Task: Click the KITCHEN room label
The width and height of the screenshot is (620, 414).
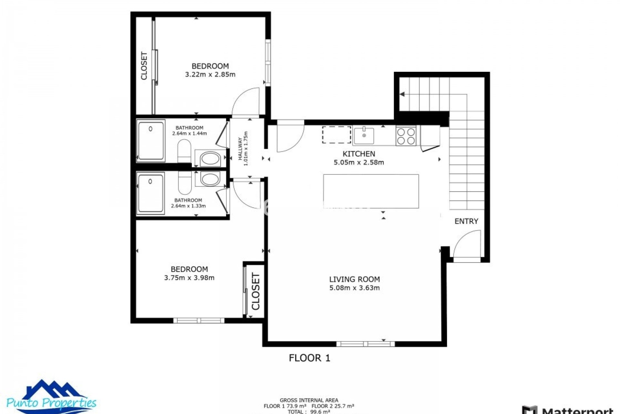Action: tap(358, 154)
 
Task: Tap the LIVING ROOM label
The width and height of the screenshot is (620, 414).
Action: tap(354, 279)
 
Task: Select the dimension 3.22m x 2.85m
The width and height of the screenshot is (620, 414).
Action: tap(210, 75)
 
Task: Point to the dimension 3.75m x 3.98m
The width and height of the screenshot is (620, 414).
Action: tap(189, 278)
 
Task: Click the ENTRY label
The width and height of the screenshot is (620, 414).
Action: tap(466, 221)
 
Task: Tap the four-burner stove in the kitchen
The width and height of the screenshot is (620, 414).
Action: tap(406, 136)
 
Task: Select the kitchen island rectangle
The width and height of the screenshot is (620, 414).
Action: tap(371, 191)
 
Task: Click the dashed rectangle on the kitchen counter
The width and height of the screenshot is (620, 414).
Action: tap(336, 135)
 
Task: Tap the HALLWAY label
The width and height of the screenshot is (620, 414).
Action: tap(240, 149)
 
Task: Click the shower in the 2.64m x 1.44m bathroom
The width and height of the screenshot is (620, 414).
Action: tap(151, 141)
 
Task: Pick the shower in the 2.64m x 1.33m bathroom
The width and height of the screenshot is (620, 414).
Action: tap(150, 193)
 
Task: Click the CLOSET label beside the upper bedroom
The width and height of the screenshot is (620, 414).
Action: tap(144, 66)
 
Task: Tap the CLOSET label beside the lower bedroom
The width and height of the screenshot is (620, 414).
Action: tap(255, 291)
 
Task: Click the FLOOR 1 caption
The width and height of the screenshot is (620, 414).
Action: tap(309, 358)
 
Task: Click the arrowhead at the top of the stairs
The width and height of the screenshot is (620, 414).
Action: tap(402, 94)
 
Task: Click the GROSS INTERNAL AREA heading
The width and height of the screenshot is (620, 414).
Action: tap(309, 400)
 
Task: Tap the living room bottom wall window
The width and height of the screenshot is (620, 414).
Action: tap(365, 344)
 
